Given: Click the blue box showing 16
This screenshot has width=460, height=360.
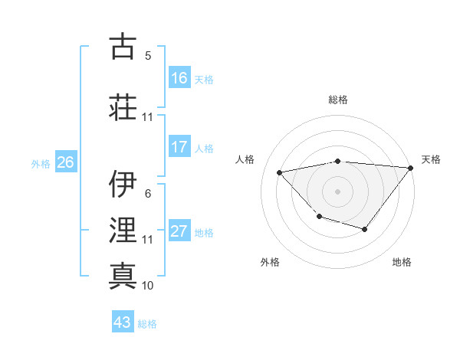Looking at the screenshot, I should tap(179, 78).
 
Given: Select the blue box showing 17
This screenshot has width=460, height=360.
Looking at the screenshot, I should tap(179, 147).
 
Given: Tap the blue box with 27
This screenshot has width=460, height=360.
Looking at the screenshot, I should tap(179, 232).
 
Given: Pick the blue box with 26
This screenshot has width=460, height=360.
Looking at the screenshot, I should tap(65, 162).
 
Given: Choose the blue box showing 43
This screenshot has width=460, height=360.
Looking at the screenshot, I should tap(123, 322).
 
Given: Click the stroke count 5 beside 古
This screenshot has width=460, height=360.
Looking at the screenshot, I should tap(148, 56).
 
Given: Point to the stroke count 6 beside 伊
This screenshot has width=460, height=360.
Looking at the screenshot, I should tap(148, 194).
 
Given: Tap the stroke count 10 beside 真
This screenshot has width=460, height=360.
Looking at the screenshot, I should tap(148, 286).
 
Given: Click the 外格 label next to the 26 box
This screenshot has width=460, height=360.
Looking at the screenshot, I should tap(41, 163).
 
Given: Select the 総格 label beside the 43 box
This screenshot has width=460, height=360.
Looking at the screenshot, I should tap(148, 323).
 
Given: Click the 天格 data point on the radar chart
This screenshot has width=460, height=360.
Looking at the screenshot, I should tap(411, 168).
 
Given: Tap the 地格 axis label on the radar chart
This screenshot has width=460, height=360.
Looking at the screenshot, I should tap(402, 262).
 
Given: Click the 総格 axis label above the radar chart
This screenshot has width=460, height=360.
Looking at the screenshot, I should tap(338, 100).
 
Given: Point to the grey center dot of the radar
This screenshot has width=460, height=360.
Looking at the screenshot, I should tap(337, 191).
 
